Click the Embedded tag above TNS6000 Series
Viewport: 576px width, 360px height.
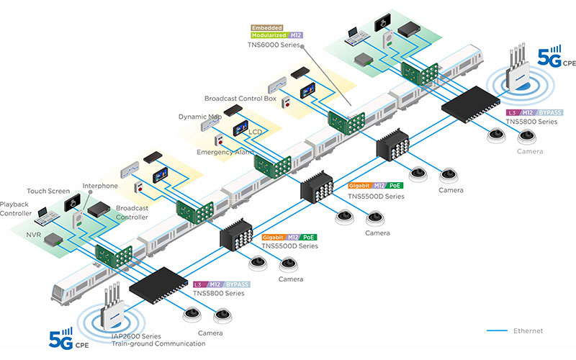[x=266, y=28]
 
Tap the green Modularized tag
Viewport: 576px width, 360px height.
[x=269, y=35]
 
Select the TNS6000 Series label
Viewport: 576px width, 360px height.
[x=274, y=45]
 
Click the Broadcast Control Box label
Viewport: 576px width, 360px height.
[x=240, y=99]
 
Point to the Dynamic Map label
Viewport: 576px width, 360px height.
[x=200, y=117]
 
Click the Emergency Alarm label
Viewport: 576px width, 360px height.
[x=225, y=152]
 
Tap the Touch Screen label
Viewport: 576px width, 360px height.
[x=48, y=191]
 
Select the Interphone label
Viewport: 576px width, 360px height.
[x=100, y=186]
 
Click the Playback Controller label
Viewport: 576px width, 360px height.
[x=16, y=209]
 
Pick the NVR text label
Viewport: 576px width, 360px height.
[x=33, y=235]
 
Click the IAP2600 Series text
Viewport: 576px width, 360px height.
[x=136, y=336]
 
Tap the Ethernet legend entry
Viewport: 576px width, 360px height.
[x=528, y=330]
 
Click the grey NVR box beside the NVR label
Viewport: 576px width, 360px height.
[x=53, y=240]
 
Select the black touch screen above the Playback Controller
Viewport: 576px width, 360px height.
[x=72, y=202]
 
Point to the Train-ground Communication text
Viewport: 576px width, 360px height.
[x=158, y=344]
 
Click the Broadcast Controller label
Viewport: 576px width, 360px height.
[x=132, y=212]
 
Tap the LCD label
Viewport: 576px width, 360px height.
[x=256, y=132]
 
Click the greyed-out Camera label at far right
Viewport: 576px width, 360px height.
[x=530, y=151]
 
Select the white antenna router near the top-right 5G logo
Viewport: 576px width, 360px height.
[x=518, y=70]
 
